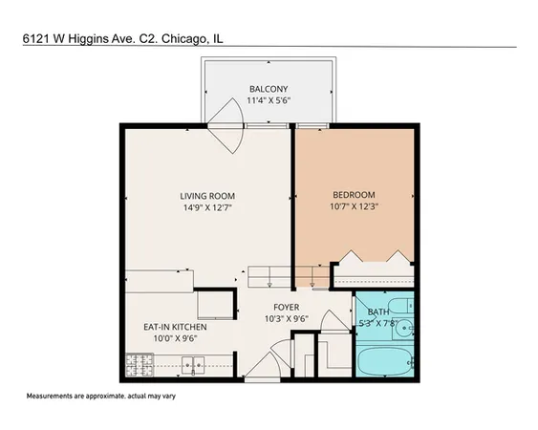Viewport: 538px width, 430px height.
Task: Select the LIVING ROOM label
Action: click(207, 197)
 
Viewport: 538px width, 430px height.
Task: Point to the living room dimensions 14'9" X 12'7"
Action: click(207, 208)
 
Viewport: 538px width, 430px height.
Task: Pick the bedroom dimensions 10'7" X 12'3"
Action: click(355, 204)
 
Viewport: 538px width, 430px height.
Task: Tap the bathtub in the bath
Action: click(384, 364)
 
